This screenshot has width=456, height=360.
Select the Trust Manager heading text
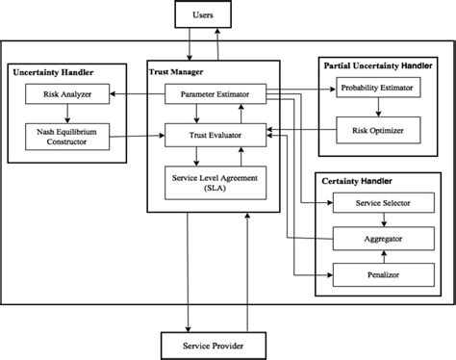tap(178, 73)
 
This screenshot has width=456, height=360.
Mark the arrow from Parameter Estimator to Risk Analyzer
tap(136, 94)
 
